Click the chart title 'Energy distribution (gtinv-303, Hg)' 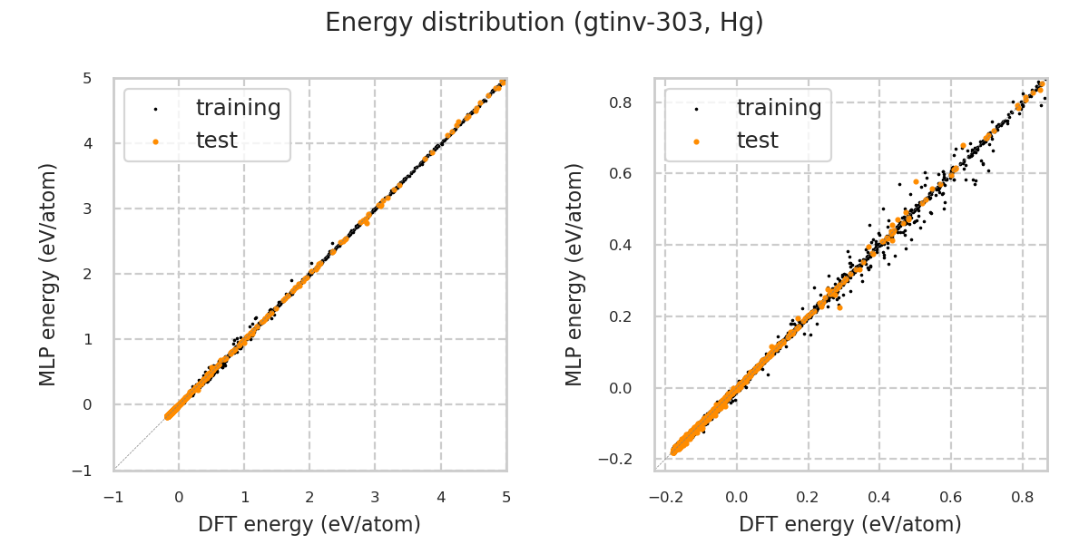pyautogui.click(x=544, y=23)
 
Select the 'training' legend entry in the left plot pyautogui.click(x=238, y=108)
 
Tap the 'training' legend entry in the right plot pyautogui.click(x=779, y=108)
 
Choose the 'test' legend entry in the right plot pyautogui.click(x=757, y=141)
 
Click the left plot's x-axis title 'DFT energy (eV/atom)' pyautogui.click(x=309, y=524)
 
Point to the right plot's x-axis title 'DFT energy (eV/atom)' pyautogui.click(x=850, y=524)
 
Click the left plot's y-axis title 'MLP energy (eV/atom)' pyautogui.click(x=48, y=275)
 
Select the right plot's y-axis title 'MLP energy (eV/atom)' pyautogui.click(x=574, y=275)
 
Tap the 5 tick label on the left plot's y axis pyautogui.click(x=87, y=78)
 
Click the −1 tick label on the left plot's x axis pyautogui.click(x=113, y=497)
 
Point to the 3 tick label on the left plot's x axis pyautogui.click(x=375, y=497)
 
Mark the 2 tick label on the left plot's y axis pyautogui.click(x=87, y=274)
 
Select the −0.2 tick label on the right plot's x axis pyautogui.click(x=664, y=497)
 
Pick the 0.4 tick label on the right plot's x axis pyautogui.click(x=879, y=497)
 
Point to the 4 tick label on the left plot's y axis pyautogui.click(x=87, y=143)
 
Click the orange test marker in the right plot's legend pyautogui.click(x=696, y=141)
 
